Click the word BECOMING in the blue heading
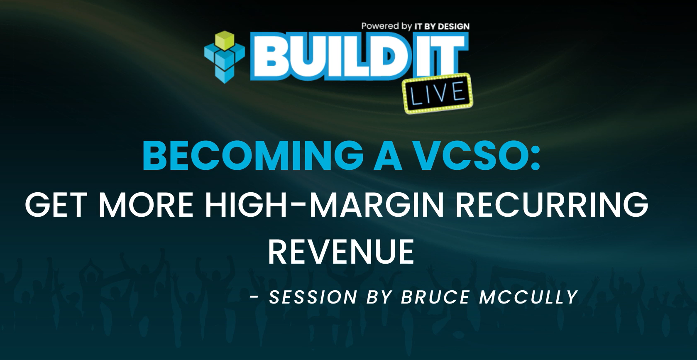tap(252, 156)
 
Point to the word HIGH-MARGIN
tap(324, 205)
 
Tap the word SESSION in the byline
tap(313, 297)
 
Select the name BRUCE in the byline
tap(435, 297)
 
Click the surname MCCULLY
tap(528, 297)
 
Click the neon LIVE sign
tap(438, 93)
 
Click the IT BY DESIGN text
tap(442, 27)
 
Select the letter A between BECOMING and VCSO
tap(387, 156)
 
